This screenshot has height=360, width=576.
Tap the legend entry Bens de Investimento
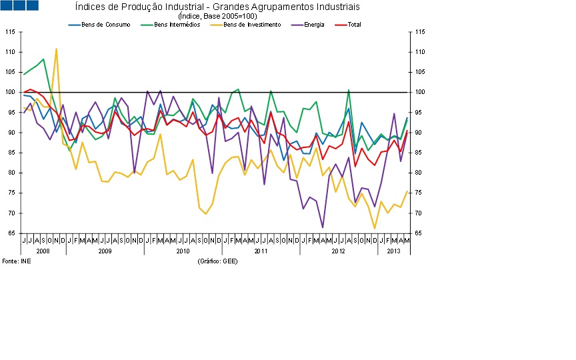coord(252,25)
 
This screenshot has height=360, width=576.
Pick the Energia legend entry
coord(314,25)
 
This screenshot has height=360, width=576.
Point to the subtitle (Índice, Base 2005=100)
coord(217,15)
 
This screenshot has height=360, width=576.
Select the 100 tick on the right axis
coord(419,93)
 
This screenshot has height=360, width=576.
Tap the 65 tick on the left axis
coord(11,233)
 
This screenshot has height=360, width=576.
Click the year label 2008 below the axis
coord(43,251)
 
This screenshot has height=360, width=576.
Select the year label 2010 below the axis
coord(183,251)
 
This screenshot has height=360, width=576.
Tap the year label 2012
coord(338,251)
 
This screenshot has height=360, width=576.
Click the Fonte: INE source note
coord(17,261)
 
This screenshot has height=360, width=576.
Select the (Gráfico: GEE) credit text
coord(218,261)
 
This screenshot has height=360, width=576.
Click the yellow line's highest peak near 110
coord(56,49)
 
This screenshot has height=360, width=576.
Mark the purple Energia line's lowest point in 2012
coord(323,227)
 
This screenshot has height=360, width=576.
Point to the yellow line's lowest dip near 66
coord(375,229)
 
